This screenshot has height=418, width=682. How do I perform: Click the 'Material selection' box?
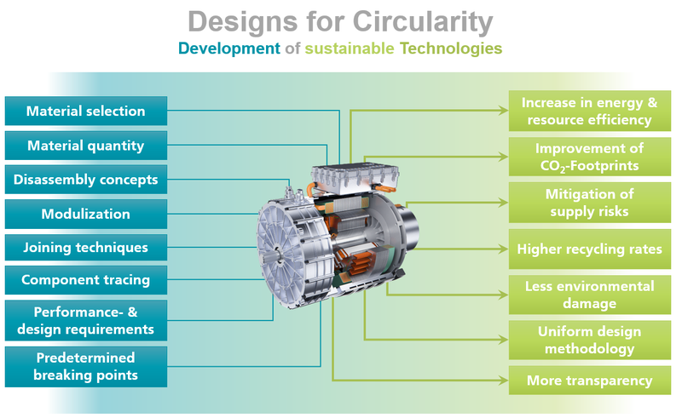point(85,112)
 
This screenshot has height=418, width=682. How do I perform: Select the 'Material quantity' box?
point(85,146)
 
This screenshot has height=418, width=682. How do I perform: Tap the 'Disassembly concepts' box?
point(85,180)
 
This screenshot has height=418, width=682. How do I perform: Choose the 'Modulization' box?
point(85,214)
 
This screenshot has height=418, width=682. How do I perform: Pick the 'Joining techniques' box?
point(85,248)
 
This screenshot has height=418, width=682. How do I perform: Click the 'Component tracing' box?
point(85,280)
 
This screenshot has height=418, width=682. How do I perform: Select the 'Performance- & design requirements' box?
point(85,320)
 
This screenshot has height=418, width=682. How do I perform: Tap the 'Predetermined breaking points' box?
point(85,366)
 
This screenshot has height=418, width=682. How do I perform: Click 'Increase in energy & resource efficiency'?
point(589,112)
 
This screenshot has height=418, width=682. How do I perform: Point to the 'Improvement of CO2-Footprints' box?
point(589,157)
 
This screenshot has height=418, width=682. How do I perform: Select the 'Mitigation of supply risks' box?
point(589,203)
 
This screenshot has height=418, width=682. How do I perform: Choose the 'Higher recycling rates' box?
point(589,249)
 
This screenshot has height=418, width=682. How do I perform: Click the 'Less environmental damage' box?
point(589,295)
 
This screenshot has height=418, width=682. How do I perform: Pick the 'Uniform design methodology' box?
point(589,341)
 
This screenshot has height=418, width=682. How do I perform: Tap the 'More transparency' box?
point(589,381)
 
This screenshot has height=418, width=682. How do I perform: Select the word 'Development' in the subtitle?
point(228,49)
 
